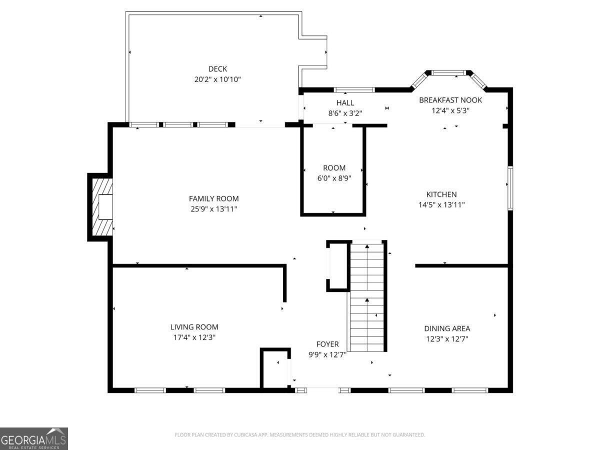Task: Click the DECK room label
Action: point(217,69)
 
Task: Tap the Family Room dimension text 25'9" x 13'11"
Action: point(214,209)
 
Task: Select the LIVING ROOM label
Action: point(194,327)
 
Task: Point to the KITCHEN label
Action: point(441,194)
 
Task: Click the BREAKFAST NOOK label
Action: point(450,100)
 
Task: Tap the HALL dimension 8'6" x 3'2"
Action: point(345,113)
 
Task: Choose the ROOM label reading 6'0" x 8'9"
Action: point(334,168)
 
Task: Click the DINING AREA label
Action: point(447,328)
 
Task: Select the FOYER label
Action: point(327,344)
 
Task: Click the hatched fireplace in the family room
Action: point(102,207)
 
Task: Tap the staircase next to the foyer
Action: point(367,296)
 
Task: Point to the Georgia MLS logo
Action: point(34,439)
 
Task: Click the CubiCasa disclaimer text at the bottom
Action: point(300,434)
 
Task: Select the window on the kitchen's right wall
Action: point(510,188)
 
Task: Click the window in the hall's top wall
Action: point(354,90)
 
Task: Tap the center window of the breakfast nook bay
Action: point(448,72)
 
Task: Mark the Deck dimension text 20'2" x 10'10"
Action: point(217,79)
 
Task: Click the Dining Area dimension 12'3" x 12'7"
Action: point(447,339)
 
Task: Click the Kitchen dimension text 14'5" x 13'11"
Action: point(441,205)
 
